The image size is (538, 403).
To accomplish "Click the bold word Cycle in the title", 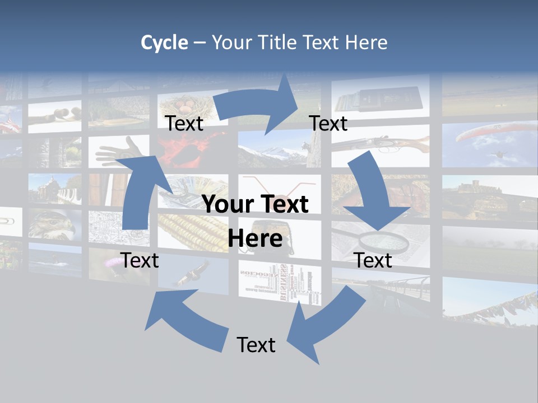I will tap(164, 43).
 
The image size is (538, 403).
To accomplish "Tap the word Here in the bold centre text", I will tap(255, 238).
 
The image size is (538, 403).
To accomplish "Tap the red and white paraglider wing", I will tap(493, 132).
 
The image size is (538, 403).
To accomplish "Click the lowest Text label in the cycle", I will tap(256, 345).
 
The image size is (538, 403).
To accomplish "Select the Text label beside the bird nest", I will tap(184, 123).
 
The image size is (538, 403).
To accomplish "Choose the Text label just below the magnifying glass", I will tap(373, 260).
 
